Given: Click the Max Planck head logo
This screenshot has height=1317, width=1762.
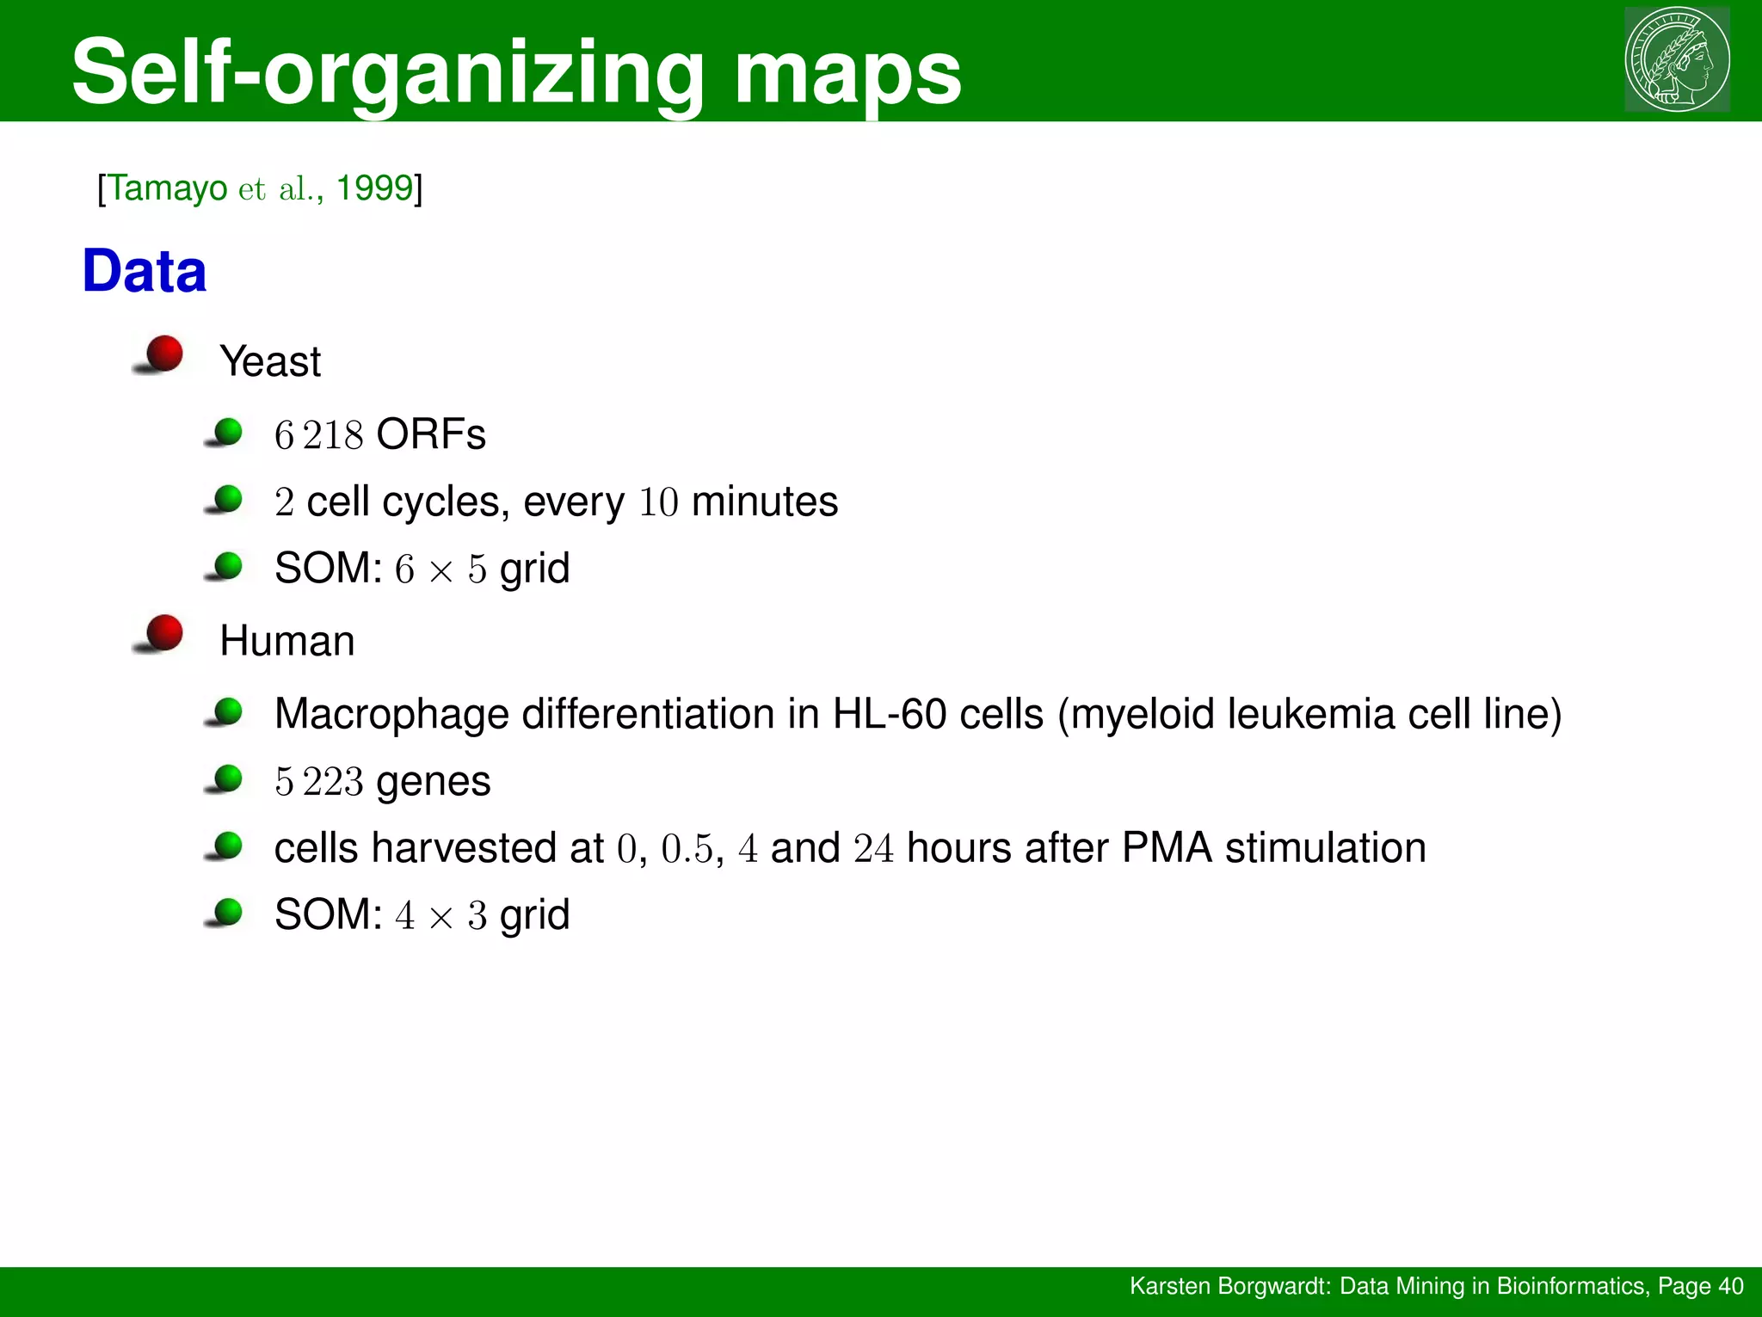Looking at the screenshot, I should pos(1676,59).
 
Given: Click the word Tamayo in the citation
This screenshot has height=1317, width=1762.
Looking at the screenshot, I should pos(168,188).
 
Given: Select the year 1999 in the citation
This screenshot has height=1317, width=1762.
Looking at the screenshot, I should pos(374,188).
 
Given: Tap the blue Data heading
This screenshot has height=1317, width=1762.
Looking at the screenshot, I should pos(145,272).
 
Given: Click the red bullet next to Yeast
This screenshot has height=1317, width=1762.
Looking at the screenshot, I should pos(163,354).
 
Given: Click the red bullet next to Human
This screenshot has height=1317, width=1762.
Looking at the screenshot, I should pos(163,633).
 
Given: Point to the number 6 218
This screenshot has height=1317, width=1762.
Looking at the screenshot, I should pos(318,434).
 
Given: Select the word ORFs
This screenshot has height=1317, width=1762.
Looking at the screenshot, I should pos(431,434).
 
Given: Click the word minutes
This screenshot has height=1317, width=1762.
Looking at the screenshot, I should pos(764,502).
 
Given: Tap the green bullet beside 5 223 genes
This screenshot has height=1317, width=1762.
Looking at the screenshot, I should pos(228,779).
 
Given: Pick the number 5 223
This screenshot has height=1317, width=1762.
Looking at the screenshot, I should pos(318,782).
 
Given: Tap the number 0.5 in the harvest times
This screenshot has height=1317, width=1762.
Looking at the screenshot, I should pos(687,849).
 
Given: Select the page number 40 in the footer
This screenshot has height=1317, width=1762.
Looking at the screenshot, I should pos(1730,1286).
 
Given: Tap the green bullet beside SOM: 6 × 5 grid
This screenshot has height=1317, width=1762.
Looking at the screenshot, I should pos(228,566).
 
